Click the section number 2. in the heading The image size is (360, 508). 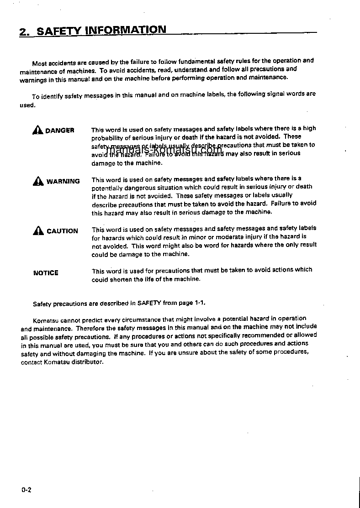pyautogui.click(x=25, y=32)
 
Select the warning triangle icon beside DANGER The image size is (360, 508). pyautogui.click(x=38, y=130)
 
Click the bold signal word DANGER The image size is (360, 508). pyautogui.click(x=59, y=131)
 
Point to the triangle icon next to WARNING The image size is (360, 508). pyautogui.click(x=38, y=181)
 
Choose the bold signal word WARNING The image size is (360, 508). pyautogui.click(x=63, y=181)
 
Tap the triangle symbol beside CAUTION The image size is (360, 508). pyautogui.click(x=38, y=231)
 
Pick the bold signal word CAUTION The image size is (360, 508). pyautogui.click(x=62, y=231)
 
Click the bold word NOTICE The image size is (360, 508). pyautogui.click(x=46, y=273)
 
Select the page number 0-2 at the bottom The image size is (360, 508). pyautogui.click(x=26, y=490)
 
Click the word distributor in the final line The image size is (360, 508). pyautogui.click(x=88, y=362)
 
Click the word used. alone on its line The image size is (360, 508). pyautogui.click(x=27, y=105)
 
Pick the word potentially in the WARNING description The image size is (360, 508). pyautogui.click(x=107, y=188)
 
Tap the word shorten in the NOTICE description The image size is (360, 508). pyautogui.click(x=121, y=279)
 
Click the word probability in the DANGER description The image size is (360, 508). pyautogui.click(x=107, y=137)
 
